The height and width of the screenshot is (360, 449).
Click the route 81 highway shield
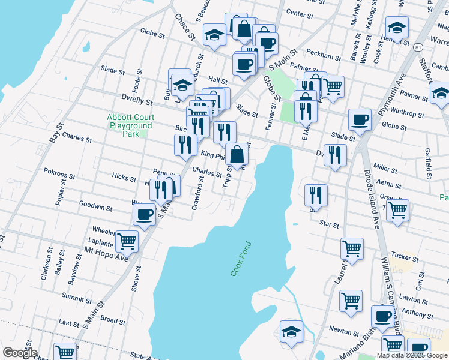click(x=418, y=47)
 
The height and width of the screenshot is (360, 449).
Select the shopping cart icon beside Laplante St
click(x=127, y=241)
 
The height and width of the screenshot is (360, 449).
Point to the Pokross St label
click(x=59, y=178)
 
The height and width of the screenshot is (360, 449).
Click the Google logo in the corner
click(x=19, y=353)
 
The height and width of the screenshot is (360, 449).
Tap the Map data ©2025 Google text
click(x=411, y=355)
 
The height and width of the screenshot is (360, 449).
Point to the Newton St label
click(x=343, y=329)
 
